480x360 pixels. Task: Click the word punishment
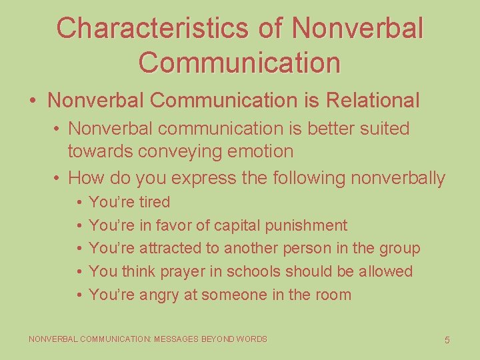pos(306,225)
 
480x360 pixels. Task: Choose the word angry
pos(159,295)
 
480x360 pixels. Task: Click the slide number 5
pos(447,340)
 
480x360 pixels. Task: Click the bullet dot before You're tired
pos(79,202)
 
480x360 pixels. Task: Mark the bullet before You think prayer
pos(79,272)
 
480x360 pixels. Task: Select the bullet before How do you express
pos(59,178)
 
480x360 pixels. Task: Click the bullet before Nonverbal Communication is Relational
pos(32,101)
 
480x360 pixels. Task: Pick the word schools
pos(251,272)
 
